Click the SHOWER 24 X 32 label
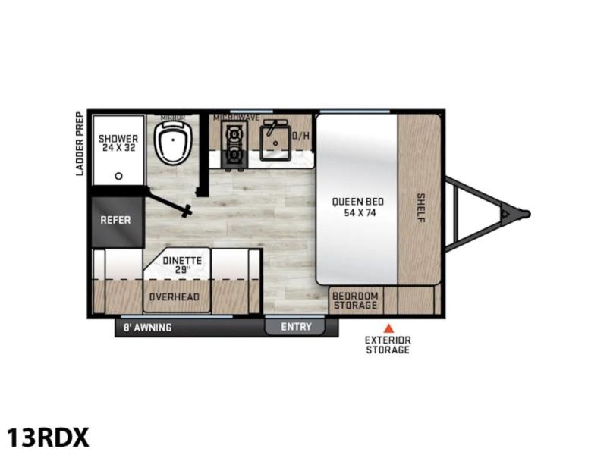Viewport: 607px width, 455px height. [118, 143]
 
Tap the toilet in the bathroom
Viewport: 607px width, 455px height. [173, 143]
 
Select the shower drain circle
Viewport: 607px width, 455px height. [119, 176]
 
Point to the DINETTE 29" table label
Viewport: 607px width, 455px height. [182, 265]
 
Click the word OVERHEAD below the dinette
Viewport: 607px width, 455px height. [175, 297]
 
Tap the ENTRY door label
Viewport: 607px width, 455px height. [296, 327]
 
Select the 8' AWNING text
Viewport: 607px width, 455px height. [147, 328]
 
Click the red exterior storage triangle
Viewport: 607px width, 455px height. [388, 329]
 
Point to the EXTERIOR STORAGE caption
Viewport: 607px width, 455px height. [388, 345]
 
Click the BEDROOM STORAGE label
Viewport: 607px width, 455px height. [355, 300]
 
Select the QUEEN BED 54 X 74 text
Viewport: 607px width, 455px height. [358, 207]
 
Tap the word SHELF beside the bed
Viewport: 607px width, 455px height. [421, 208]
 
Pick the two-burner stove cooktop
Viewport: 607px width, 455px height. [234, 145]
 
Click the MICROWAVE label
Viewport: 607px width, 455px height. [236, 118]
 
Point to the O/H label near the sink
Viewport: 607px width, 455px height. [300, 136]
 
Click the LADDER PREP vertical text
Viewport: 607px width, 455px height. [80, 144]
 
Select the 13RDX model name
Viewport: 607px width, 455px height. [48, 438]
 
